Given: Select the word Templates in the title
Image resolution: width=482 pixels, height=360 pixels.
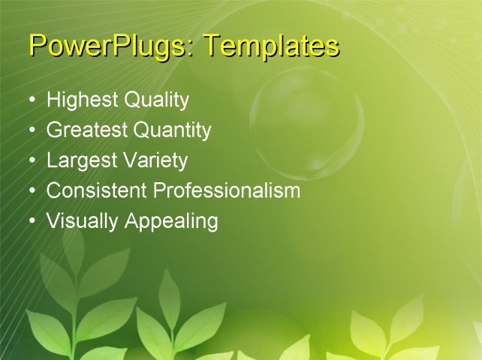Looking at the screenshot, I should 272,46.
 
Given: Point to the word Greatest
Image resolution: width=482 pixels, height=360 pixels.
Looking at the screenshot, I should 87,130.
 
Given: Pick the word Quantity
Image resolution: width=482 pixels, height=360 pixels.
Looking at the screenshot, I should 172,130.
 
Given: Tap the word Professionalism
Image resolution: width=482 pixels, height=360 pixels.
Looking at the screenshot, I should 227,190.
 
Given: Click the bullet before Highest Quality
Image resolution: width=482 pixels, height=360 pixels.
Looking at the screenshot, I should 32,100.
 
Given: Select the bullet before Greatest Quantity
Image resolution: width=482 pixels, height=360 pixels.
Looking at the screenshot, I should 32,130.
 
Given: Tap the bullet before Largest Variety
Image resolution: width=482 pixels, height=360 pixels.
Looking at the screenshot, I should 32,160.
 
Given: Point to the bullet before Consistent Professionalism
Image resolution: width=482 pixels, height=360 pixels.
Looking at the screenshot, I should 32,190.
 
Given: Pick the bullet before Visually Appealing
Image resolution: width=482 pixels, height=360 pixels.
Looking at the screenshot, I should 32,221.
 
